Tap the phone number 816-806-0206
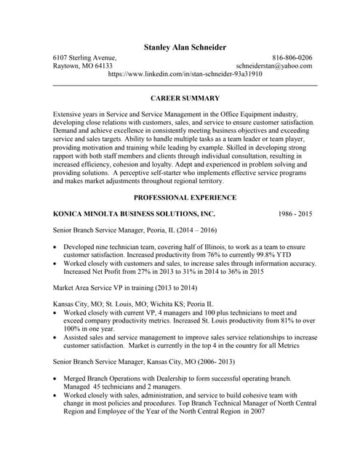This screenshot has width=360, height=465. pyautogui.click(x=292, y=57)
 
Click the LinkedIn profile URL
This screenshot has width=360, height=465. pyautogui.click(x=185, y=74)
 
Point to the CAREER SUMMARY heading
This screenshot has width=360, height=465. pyautogui.click(x=185, y=97)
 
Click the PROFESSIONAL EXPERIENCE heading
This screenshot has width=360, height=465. pyautogui.click(x=185, y=198)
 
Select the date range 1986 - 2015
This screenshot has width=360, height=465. pyautogui.click(x=295, y=214)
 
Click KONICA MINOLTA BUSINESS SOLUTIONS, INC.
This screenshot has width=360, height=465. pyautogui.click(x=135, y=214)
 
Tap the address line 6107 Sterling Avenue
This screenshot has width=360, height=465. pyautogui.click(x=84, y=57)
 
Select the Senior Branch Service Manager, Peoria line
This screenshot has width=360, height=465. pyautogui.click(x=135, y=231)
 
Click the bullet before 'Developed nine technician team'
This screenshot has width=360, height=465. pyautogui.click(x=57, y=248)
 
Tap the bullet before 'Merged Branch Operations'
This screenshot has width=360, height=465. pyautogui.click(x=57, y=379)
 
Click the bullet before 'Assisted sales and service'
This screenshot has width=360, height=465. pyautogui.click(x=57, y=337)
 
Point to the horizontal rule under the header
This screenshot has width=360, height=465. pyautogui.click(x=185, y=86)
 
